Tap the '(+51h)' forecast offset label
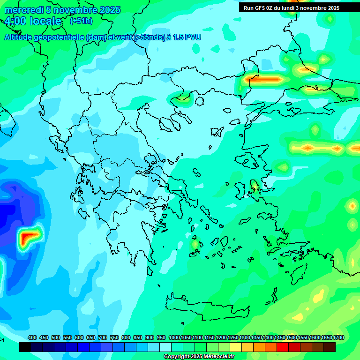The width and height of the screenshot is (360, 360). (x=81, y=21)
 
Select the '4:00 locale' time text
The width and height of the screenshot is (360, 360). (x=33, y=21)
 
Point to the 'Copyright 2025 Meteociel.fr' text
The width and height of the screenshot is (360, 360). (x=199, y=356)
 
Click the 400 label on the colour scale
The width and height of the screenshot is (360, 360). (x=32, y=337)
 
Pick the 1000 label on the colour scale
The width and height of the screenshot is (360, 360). (x=174, y=337)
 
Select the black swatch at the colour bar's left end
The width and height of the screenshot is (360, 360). (x=25, y=347)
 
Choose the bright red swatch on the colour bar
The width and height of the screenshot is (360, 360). (x=283, y=347)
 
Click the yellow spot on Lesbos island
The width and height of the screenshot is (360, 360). (x=255, y=188)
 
